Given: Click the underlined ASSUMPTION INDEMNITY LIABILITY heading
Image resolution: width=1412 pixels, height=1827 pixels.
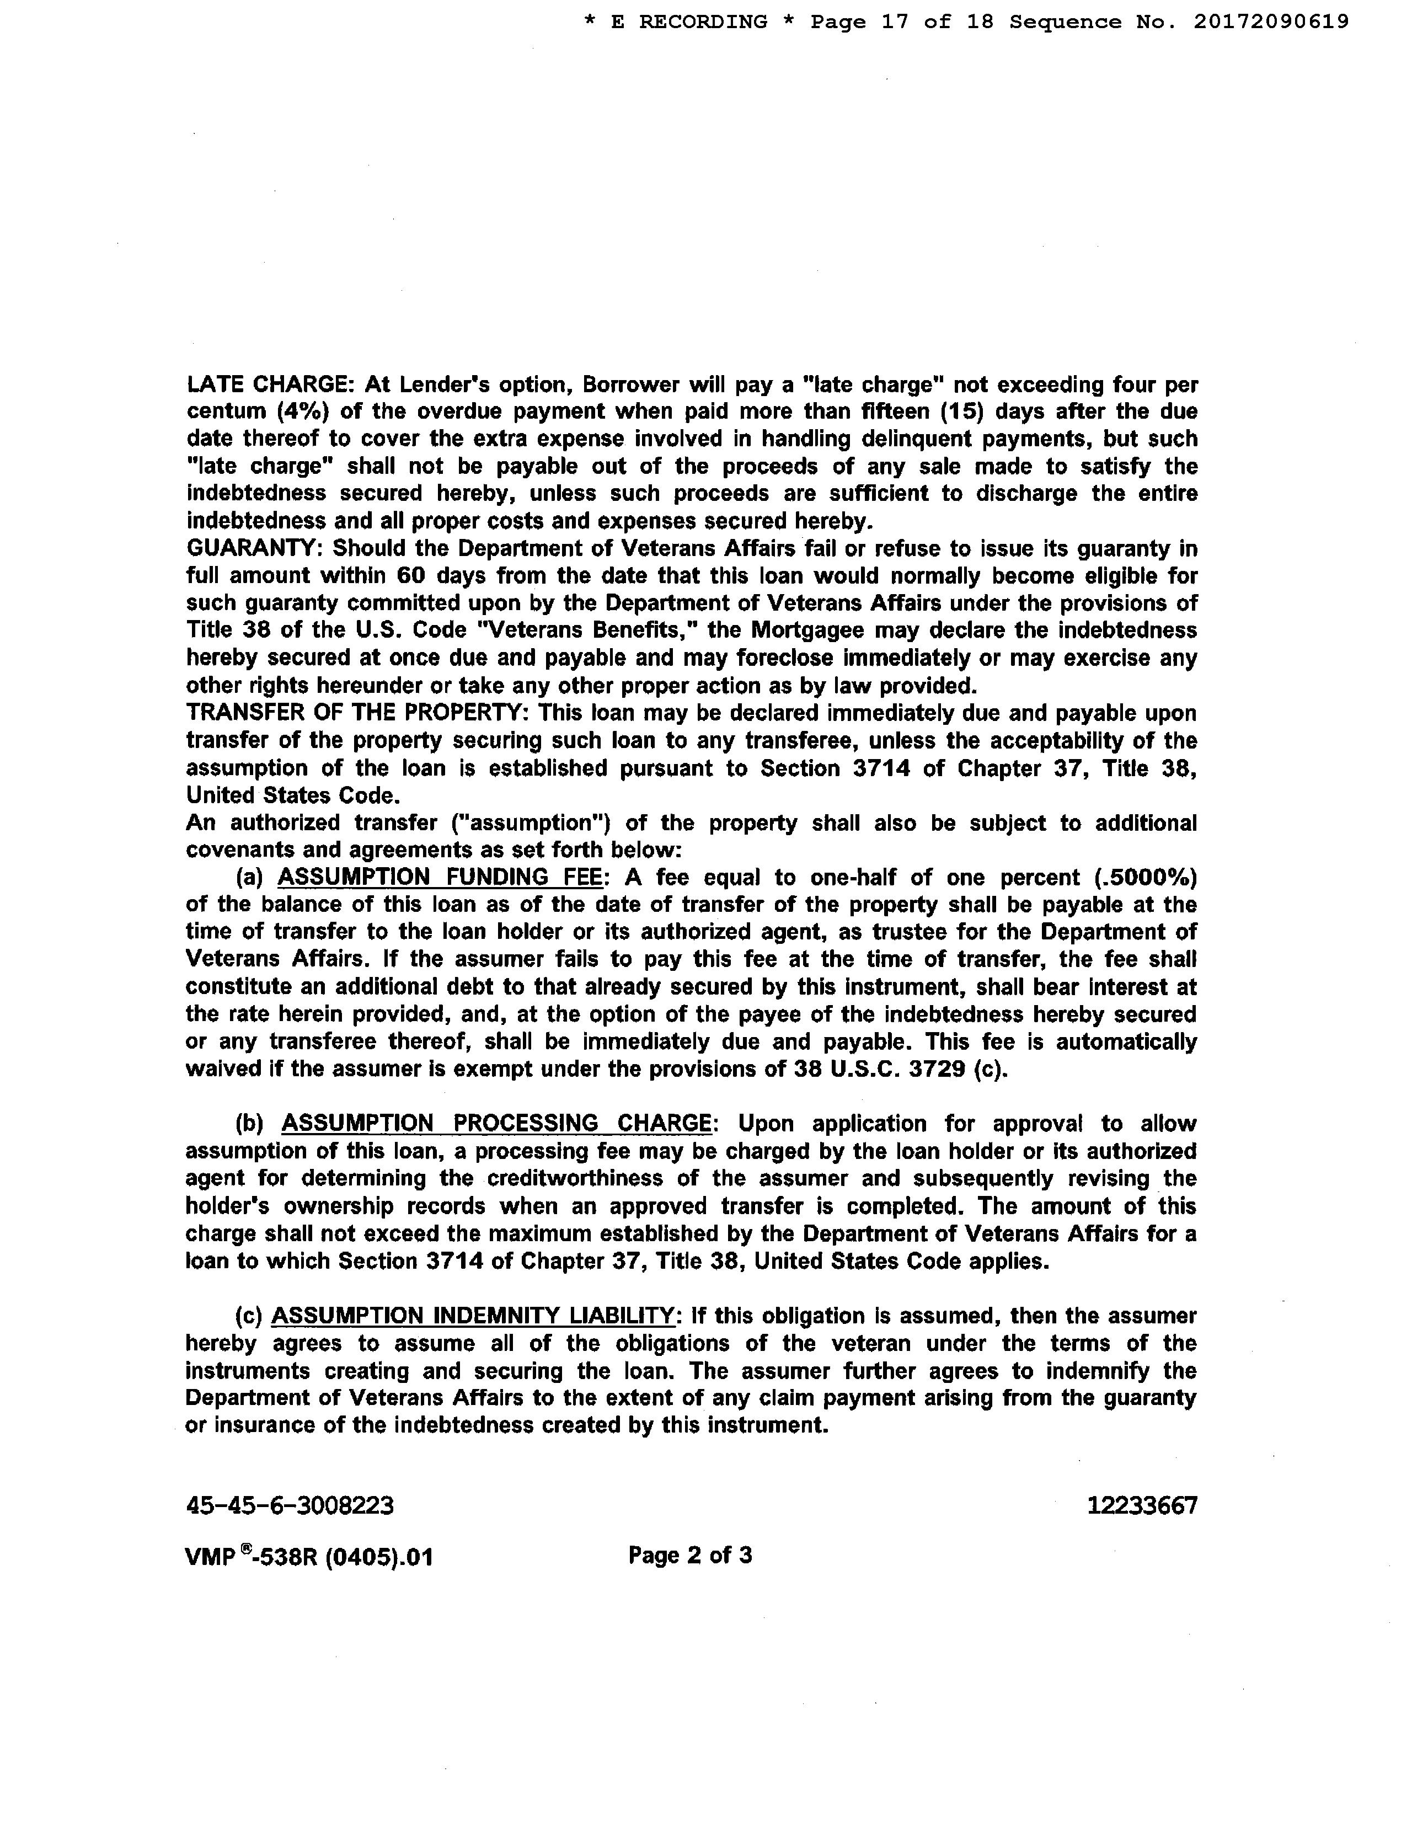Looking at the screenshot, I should [x=473, y=1316].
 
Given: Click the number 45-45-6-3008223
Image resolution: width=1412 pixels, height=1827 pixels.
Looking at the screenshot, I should [x=290, y=1506].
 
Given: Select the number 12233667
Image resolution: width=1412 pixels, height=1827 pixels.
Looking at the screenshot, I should [x=1142, y=1506].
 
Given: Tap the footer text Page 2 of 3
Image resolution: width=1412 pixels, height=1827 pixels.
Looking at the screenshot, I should [x=690, y=1555].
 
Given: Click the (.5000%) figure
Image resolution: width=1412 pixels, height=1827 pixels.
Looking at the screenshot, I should [x=1145, y=878].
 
